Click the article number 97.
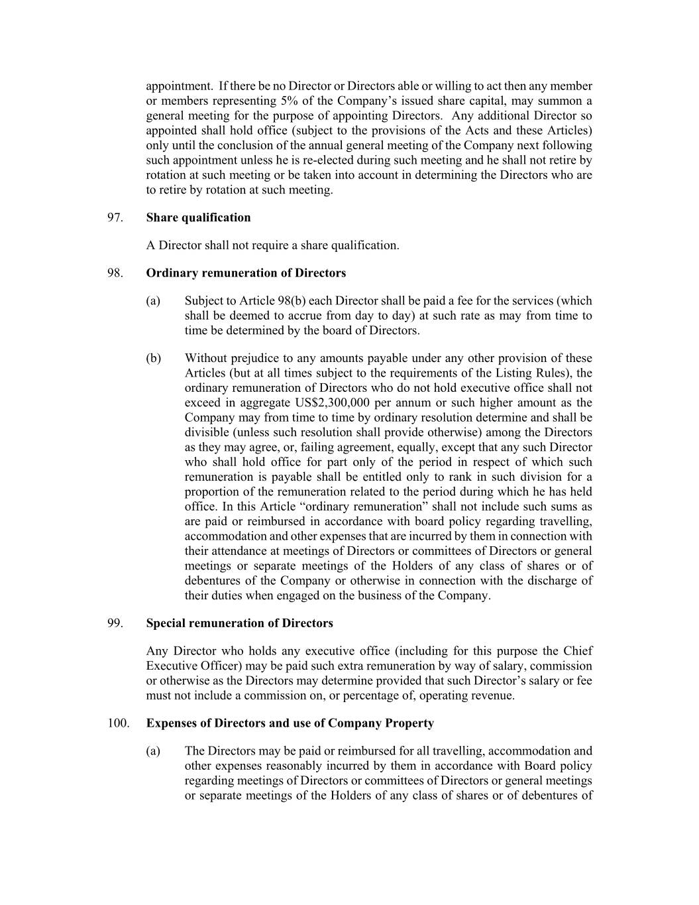[x=114, y=217]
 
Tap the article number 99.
[x=114, y=623]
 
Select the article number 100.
[x=117, y=723]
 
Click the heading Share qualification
[x=198, y=217]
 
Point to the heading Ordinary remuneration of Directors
[x=246, y=273]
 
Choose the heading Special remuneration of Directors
[x=239, y=623]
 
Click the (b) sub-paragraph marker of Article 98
[x=153, y=359]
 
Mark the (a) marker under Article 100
[x=153, y=751]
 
